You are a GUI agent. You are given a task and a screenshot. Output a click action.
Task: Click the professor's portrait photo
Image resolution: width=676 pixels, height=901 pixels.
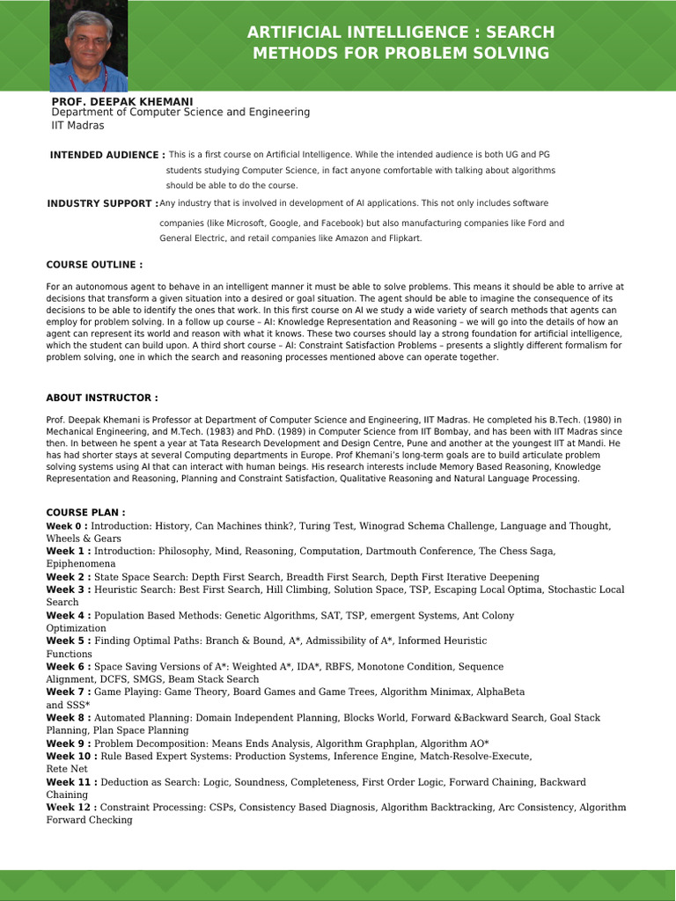coord(89,47)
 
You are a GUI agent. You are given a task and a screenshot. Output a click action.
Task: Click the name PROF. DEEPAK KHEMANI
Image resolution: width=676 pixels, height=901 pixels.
coord(122,102)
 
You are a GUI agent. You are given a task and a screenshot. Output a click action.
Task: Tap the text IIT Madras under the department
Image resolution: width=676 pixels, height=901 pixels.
coord(77,126)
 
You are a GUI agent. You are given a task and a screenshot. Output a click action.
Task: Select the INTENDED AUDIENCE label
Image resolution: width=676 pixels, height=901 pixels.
coord(107,155)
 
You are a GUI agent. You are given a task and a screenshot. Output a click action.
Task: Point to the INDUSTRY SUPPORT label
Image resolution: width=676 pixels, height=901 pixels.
coord(102,203)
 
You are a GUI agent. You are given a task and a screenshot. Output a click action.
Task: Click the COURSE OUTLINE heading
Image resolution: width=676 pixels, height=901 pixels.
coord(94,265)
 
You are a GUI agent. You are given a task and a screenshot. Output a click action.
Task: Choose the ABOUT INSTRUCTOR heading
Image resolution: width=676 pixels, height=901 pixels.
coord(102,398)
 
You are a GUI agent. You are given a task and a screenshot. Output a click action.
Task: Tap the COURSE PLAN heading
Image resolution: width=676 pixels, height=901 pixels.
coord(85,512)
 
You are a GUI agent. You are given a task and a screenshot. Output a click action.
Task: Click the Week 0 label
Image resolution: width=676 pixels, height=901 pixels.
coord(67,525)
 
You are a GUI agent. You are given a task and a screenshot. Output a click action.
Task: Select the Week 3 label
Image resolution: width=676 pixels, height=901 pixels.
coord(67,590)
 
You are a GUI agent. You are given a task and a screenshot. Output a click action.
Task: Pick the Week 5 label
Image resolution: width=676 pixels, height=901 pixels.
coord(67,641)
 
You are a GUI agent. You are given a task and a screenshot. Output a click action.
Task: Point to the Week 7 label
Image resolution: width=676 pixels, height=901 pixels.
coord(67,692)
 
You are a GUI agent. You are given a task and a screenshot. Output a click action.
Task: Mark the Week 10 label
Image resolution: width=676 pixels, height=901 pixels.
coord(70,756)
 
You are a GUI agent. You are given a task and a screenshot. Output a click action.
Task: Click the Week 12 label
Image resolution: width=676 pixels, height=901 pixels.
coord(70,807)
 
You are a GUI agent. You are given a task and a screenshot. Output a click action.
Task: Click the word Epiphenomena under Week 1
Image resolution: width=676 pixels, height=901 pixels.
coord(81,563)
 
